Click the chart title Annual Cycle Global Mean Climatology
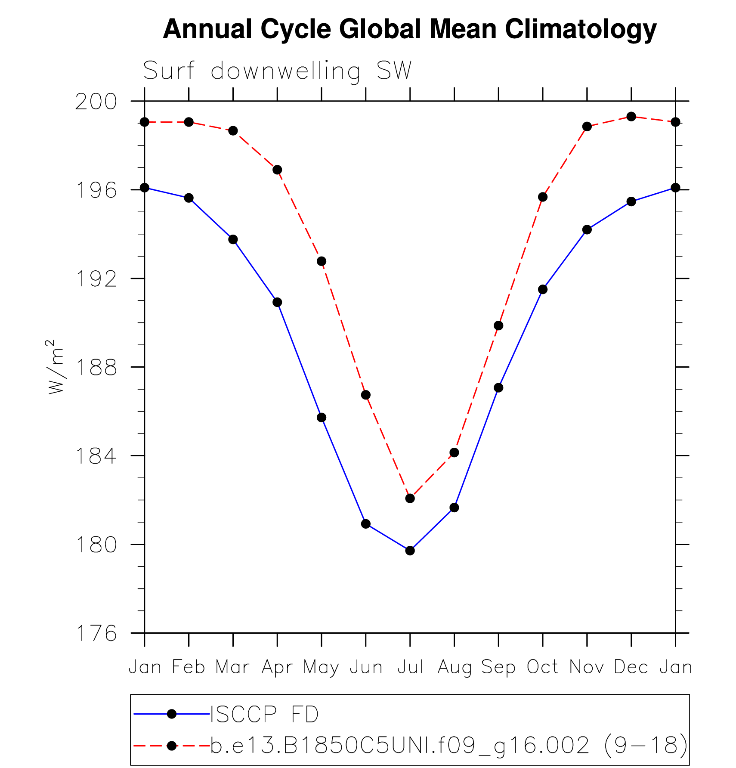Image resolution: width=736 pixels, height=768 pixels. (x=409, y=29)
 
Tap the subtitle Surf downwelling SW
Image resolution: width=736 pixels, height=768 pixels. (x=277, y=71)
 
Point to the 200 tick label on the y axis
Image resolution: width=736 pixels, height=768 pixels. (x=96, y=102)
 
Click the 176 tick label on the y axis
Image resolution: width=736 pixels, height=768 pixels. (x=96, y=633)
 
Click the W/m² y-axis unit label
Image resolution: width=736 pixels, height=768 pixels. (x=56, y=367)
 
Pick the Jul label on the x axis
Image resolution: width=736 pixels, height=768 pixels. (x=410, y=667)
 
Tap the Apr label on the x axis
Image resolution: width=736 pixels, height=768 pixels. (x=277, y=667)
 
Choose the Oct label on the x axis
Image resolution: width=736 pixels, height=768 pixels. (x=542, y=667)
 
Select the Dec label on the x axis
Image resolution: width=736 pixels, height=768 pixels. (x=631, y=667)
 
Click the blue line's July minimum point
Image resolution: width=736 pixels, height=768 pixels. (x=410, y=550)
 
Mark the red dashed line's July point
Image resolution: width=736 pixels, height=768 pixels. (x=410, y=498)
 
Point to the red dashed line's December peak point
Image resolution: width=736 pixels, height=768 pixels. (x=631, y=116)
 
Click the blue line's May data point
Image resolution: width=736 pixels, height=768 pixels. (x=322, y=417)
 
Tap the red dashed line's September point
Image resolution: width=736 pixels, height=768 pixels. (x=498, y=325)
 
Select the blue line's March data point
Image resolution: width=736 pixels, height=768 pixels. (x=233, y=239)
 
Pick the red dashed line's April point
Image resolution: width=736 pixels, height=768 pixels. (x=277, y=170)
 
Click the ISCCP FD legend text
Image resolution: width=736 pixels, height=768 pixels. (x=264, y=714)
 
